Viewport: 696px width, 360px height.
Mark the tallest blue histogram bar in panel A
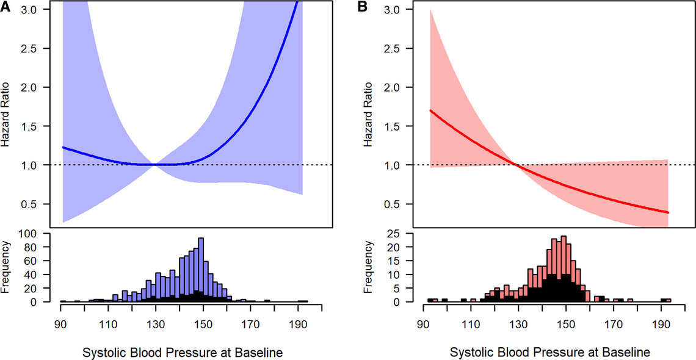click(201, 268)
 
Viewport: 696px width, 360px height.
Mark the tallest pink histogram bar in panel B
click(563, 267)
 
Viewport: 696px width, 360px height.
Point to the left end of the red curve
click(431, 110)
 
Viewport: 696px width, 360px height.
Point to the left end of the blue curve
click(63, 148)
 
